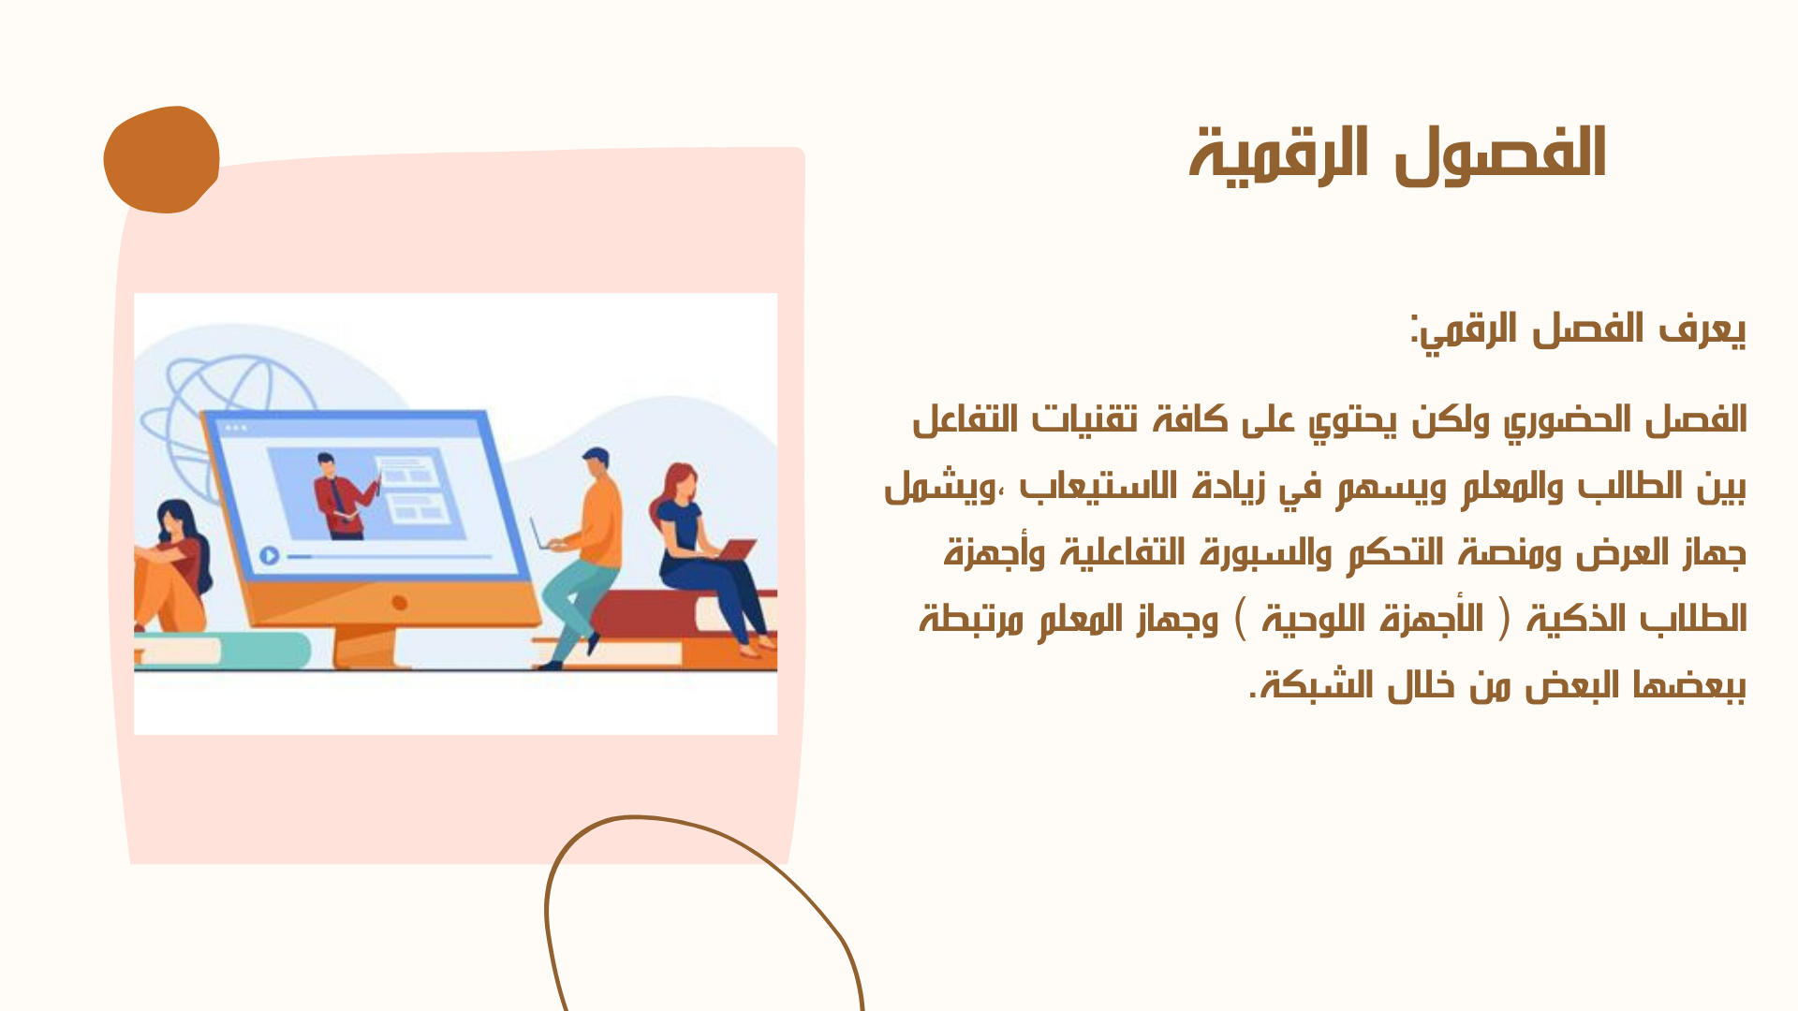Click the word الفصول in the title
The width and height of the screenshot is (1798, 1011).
1501,154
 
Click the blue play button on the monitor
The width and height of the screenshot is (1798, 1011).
270,556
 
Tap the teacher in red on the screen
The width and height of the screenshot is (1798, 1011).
341,496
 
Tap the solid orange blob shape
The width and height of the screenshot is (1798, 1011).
161,160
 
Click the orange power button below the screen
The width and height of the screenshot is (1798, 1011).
400,603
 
